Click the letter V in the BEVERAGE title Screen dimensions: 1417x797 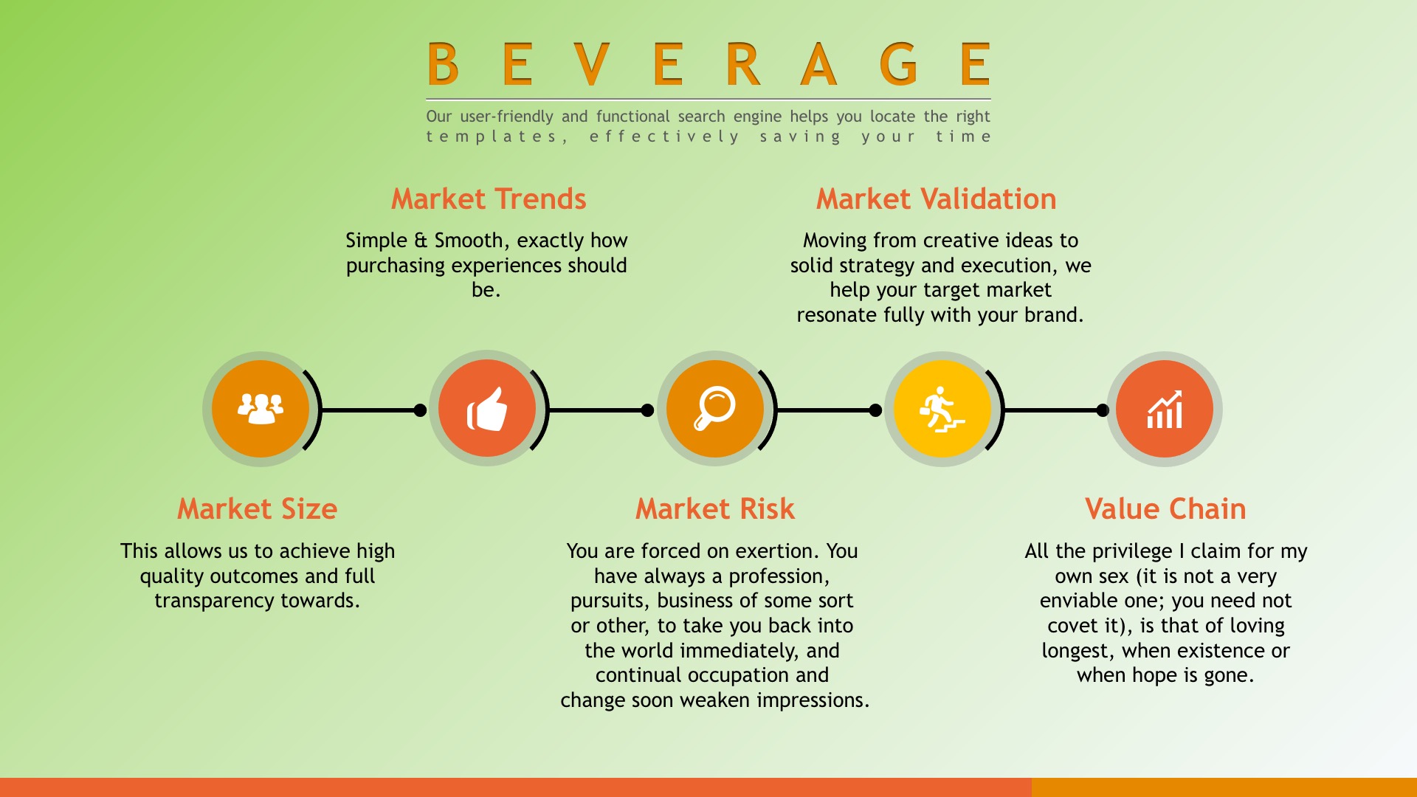(x=591, y=63)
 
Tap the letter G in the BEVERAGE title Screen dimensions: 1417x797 (x=898, y=63)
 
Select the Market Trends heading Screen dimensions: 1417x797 (x=489, y=199)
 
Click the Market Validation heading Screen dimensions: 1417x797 (x=936, y=199)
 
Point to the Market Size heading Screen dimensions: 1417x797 (x=258, y=509)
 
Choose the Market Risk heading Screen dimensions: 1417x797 (x=715, y=509)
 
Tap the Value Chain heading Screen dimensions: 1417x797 (x=1165, y=509)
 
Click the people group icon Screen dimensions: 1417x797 (x=261, y=408)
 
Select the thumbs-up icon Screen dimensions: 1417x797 (x=487, y=409)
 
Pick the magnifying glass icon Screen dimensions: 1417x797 (x=714, y=408)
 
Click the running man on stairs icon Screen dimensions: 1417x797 (x=942, y=409)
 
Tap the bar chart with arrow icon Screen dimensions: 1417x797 (x=1165, y=409)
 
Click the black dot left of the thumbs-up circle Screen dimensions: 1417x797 (x=420, y=410)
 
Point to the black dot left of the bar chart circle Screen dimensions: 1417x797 (x=1103, y=410)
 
